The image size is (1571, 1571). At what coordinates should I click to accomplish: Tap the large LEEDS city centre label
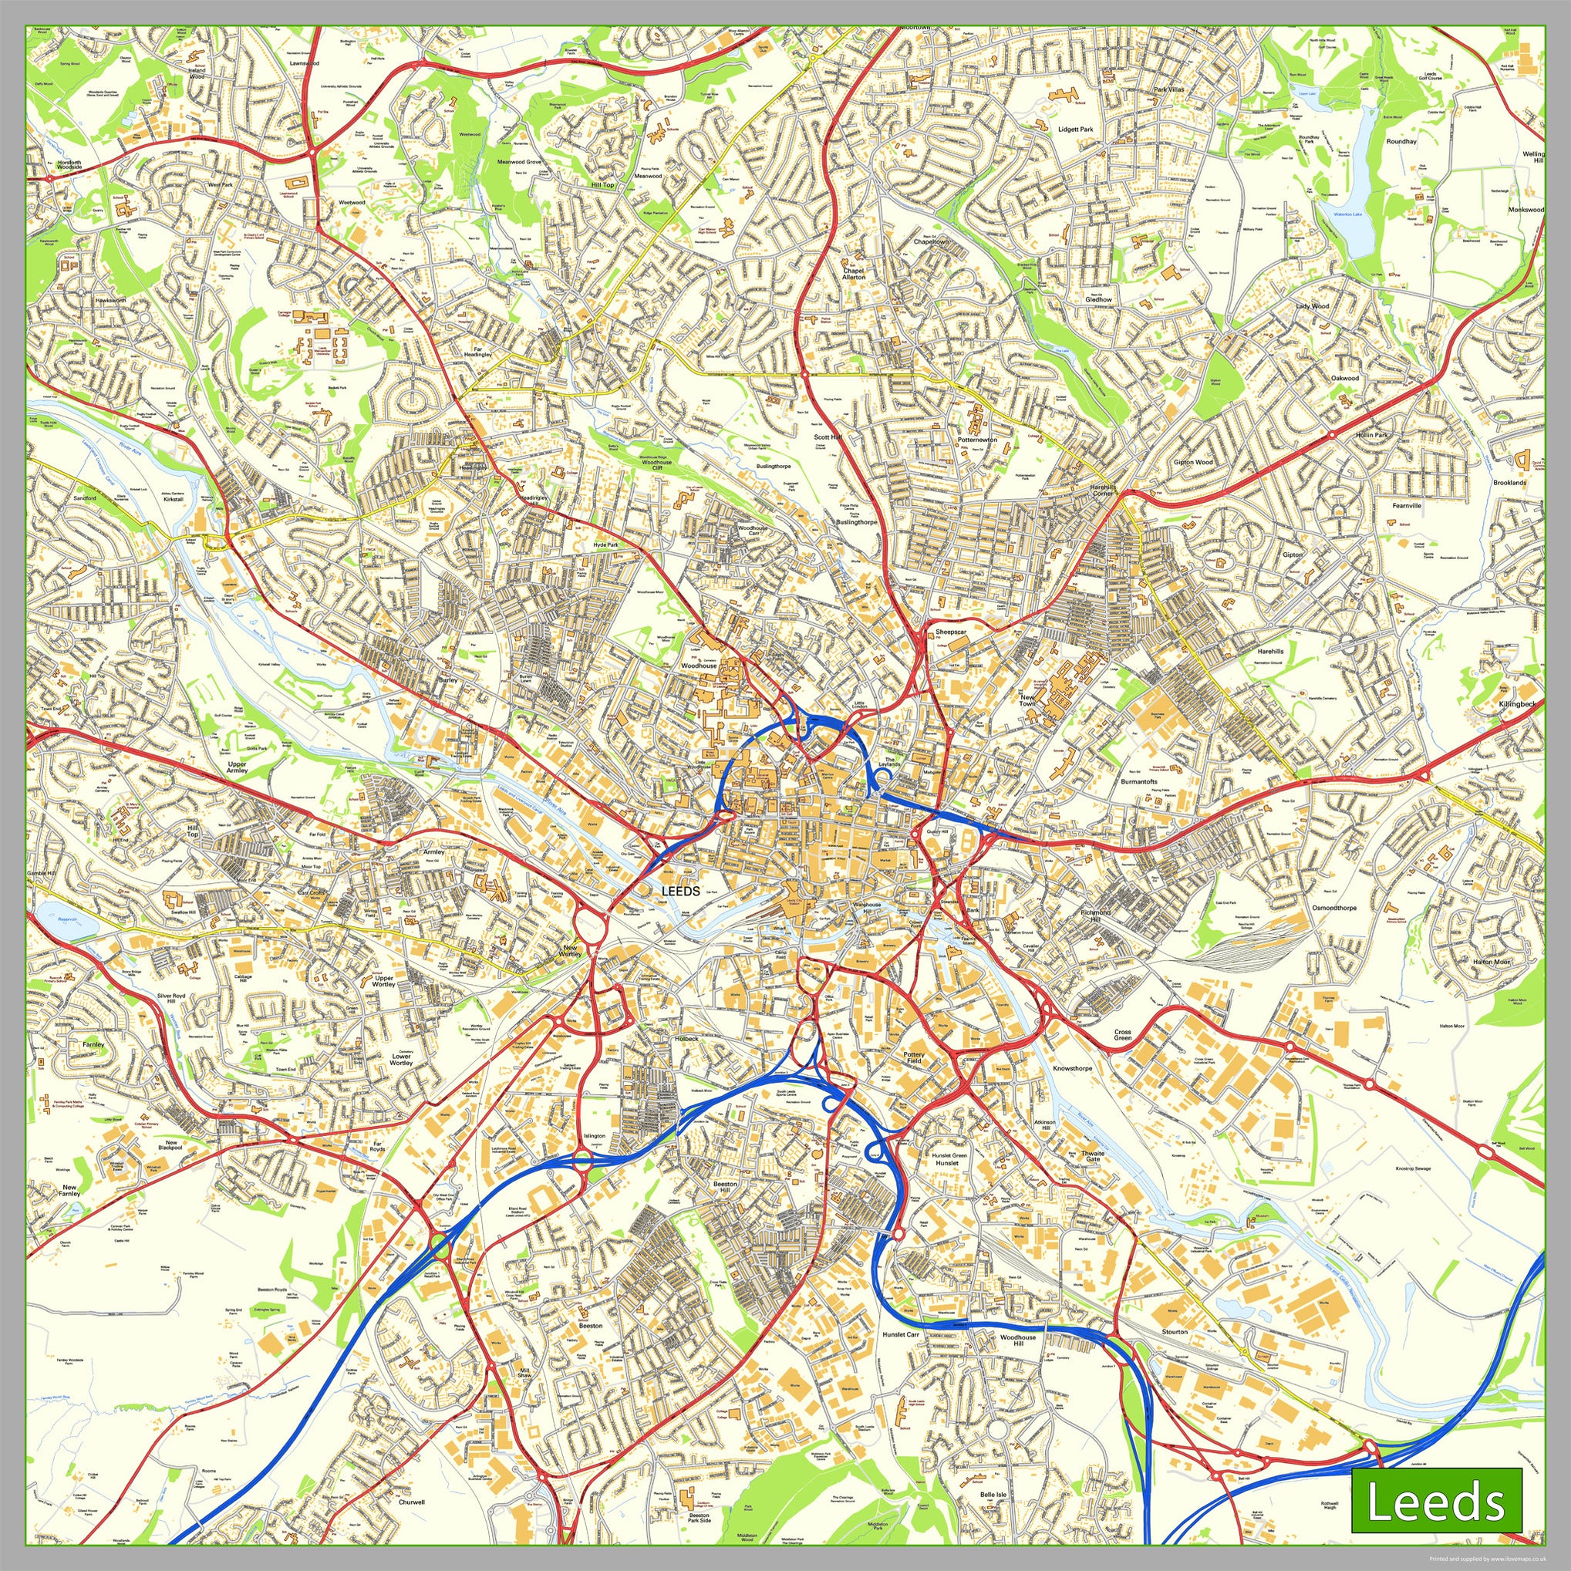pyautogui.click(x=680, y=892)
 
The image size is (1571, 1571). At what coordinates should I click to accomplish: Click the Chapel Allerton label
pyautogui.click(x=854, y=274)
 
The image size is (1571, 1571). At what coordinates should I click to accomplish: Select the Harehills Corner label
pyautogui.click(x=1102, y=491)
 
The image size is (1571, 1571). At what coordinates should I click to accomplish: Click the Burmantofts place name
pyautogui.click(x=1138, y=781)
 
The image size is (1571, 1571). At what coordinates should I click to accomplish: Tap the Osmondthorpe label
pyautogui.click(x=1334, y=908)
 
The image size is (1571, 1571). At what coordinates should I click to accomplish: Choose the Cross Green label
pyautogui.click(x=1123, y=1035)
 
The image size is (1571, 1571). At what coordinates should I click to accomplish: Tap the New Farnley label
pyautogui.click(x=71, y=1191)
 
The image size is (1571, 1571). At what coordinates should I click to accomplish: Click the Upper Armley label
pyautogui.click(x=238, y=767)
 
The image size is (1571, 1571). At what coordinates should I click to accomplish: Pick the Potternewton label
pyautogui.click(x=976, y=439)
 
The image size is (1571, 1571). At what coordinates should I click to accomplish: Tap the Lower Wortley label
pyautogui.click(x=401, y=1059)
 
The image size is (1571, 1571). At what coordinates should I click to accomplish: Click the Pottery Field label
pyautogui.click(x=914, y=1058)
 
